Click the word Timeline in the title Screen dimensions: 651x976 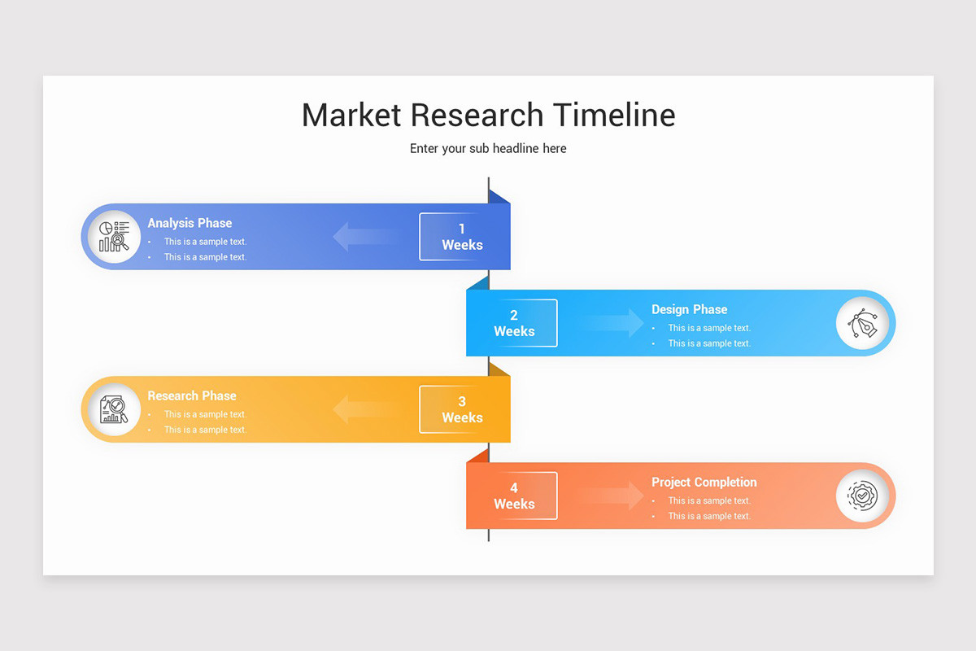click(614, 115)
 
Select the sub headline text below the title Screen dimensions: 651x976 click(488, 149)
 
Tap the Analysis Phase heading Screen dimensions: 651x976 click(190, 223)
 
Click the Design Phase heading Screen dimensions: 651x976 click(689, 309)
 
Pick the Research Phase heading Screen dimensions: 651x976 click(192, 395)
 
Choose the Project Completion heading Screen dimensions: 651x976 click(704, 482)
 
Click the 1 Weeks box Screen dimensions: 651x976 click(462, 237)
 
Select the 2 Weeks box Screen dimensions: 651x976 click(514, 323)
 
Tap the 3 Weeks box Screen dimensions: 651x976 click(462, 409)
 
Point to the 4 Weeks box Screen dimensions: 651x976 click(514, 496)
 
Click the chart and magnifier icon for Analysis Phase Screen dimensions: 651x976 click(114, 237)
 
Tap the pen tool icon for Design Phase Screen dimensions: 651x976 click(862, 323)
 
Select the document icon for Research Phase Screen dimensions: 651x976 click(114, 409)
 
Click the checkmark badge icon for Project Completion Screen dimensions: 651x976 click(862, 496)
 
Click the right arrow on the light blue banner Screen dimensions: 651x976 click(614, 323)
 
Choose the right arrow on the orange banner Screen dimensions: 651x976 click(614, 496)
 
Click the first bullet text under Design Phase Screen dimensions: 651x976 click(709, 328)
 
